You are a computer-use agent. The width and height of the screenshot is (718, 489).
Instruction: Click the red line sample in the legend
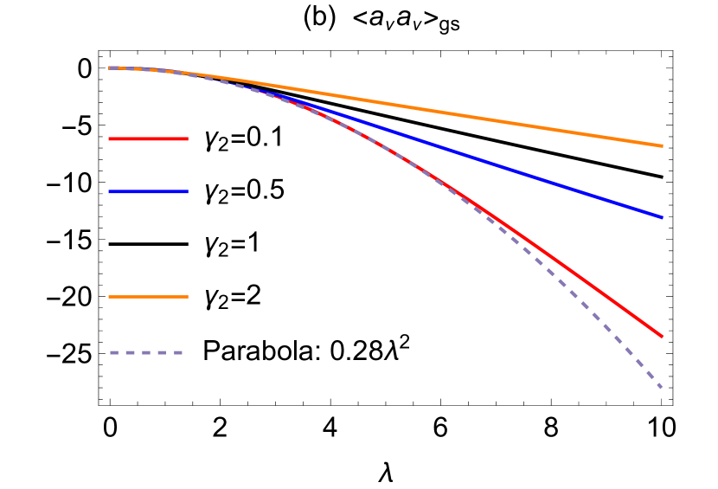[x=148, y=138]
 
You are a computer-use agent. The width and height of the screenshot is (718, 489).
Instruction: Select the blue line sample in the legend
[x=148, y=191]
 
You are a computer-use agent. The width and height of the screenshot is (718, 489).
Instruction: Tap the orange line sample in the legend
[x=148, y=297]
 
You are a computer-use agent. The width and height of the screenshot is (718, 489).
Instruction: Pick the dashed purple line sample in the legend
[x=146, y=352]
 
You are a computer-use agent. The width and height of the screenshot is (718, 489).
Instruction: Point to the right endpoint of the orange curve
[x=662, y=145]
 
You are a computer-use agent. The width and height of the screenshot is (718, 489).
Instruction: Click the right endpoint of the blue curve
[x=662, y=217]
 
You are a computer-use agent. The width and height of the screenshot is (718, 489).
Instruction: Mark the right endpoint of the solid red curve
[x=662, y=336]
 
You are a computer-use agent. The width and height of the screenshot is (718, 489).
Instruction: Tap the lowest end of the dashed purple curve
[x=662, y=387]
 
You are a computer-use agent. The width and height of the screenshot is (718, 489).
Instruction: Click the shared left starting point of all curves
[x=110, y=68]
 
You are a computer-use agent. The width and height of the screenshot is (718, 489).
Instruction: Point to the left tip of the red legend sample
[x=110, y=138]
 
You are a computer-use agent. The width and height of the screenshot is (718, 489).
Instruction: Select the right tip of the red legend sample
[x=187, y=138]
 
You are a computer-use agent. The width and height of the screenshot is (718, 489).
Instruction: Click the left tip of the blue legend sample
[x=110, y=191]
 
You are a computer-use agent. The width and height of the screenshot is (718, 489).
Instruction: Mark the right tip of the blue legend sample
[x=187, y=191]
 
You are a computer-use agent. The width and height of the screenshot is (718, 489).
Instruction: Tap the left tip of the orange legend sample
[x=110, y=297]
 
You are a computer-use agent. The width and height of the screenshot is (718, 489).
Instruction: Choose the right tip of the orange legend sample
[x=187, y=297]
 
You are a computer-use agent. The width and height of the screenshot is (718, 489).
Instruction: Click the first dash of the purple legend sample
[x=113, y=352]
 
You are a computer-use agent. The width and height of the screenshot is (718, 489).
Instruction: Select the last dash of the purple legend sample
[x=178, y=352]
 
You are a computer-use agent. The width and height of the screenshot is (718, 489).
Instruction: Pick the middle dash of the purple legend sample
[x=146, y=352]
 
